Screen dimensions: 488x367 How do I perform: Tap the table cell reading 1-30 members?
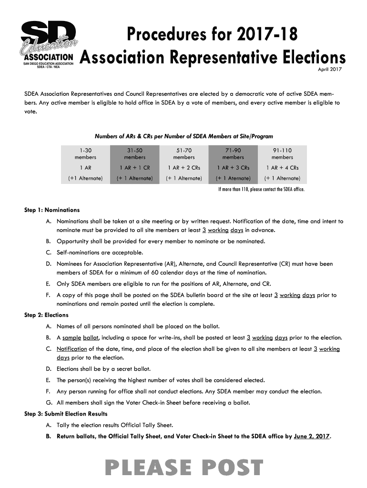pyautogui.click(x=85, y=153)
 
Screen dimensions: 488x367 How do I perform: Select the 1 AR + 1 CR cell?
pyautogui.click(x=134, y=167)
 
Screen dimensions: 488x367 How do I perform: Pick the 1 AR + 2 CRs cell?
pyautogui.click(x=184, y=167)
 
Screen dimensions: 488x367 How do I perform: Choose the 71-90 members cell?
pyautogui.click(x=233, y=153)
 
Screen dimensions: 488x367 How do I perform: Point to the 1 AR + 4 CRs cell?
pyautogui.click(x=282, y=167)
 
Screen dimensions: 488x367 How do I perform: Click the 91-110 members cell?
pyautogui.click(x=282, y=153)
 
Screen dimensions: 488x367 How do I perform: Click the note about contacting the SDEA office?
pyautogui.click(x=261, y=189)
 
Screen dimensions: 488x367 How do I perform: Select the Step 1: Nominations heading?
pyautogui.click(x=52, y=210)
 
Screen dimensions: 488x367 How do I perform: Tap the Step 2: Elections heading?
pyautogui.click(x=46, y=315)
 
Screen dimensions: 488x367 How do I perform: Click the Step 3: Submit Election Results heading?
pyautogui.click(x=66, y=414)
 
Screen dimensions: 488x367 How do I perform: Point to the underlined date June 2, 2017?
pyautogui.click(x=312, y=437)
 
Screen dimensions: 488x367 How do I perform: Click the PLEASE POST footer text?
pyautogui.click(x=183, y=468)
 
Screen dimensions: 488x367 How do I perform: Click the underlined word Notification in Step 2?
pyautogui.click(x=72, y=349)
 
